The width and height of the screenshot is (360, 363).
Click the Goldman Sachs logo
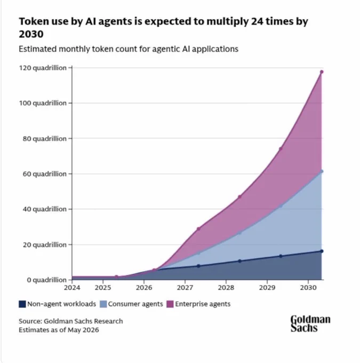coord(310,323)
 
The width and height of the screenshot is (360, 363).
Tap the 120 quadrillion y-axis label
coord(43,68)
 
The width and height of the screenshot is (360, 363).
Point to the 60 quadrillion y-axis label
coord(45,174)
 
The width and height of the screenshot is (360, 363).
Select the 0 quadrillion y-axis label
coord(47,280)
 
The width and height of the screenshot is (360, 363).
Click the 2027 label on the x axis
coord(185,288)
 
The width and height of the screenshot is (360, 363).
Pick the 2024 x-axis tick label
coord(72,288)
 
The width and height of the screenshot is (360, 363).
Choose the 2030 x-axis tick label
coord(308,288)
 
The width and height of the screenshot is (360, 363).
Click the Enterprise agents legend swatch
coord(170,304)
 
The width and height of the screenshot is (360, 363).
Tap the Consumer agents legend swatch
coord(103,304)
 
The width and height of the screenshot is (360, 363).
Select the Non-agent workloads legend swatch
coord(22,304)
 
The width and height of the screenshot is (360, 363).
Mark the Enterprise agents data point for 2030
coord(322,72)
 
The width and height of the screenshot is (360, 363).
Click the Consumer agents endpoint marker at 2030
coord(322,171)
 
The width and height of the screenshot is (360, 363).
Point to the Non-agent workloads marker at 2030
coord(322,251)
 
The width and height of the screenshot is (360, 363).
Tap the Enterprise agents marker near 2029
coord(281,149)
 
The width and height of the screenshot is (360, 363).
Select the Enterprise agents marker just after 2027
coord(198,228)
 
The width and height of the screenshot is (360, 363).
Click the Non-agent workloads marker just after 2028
coord(239,261)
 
